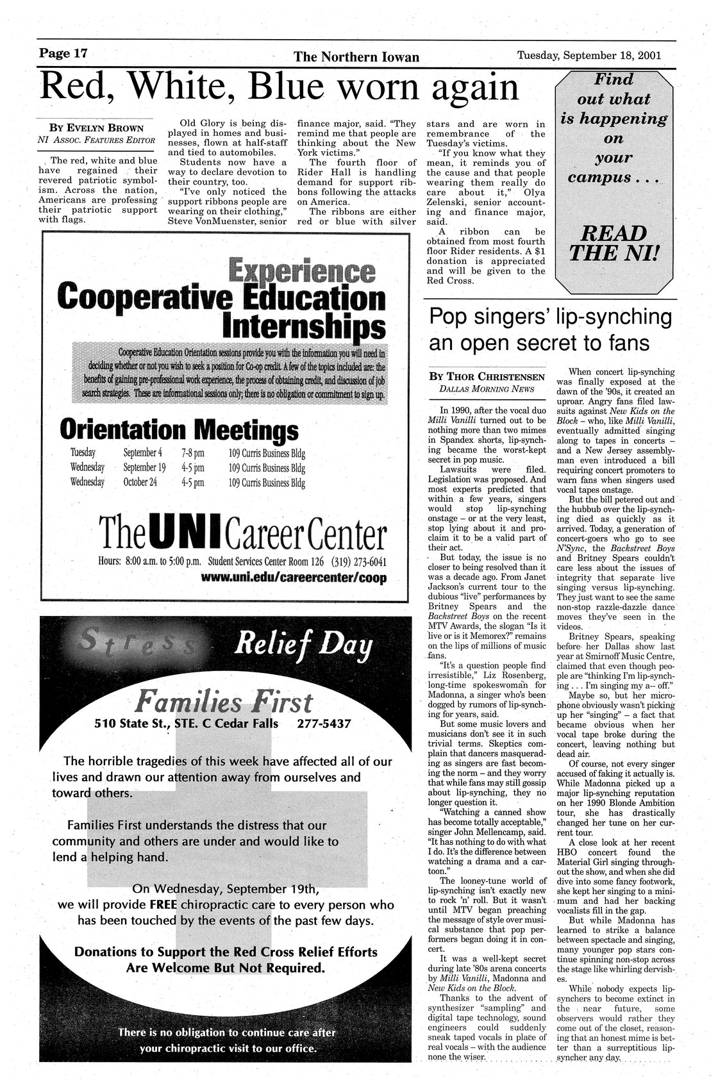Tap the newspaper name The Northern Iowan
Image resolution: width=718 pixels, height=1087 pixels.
tap(356, 58)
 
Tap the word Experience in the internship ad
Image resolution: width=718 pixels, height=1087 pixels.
tap(301, 271)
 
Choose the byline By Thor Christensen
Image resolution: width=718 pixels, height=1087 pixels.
tap(487, 376)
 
